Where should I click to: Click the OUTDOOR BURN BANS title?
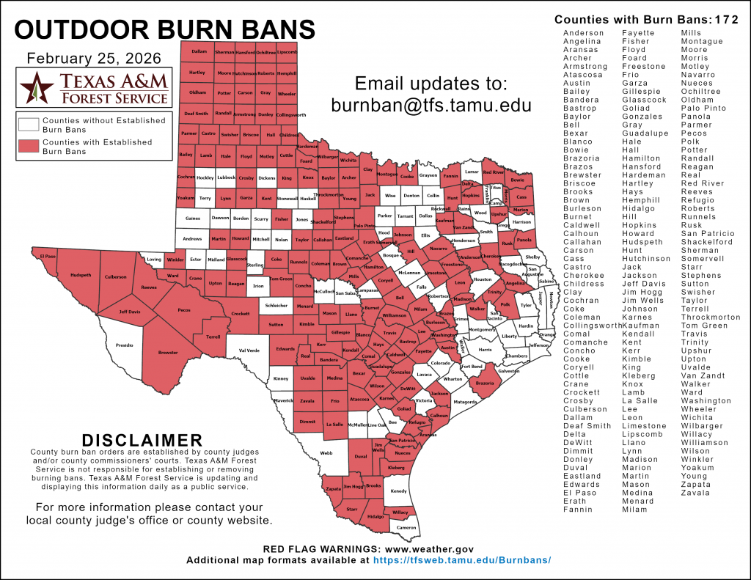(x=165, y=29)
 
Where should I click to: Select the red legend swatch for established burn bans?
(x=30, y=147)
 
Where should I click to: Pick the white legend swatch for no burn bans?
(x=30, y=125)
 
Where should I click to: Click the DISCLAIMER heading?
(x=142, y=440)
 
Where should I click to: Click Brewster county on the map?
(x=168, y=352)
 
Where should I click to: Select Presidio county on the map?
(x=125, y=343)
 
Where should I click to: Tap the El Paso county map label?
(x=48, y=257)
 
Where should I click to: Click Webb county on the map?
(x=326, y=452)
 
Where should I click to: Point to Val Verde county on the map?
(x=249, y=350)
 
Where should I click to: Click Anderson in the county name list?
(x=584, y=33)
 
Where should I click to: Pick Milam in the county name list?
(x=634, y=510)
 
